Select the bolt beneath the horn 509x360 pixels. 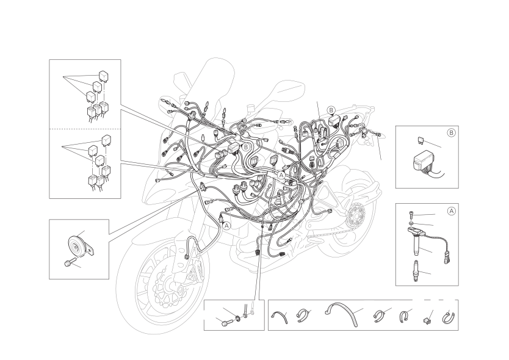69,262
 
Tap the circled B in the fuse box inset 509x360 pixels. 451,133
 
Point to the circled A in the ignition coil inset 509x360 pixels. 451,211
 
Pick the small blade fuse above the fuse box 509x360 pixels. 420,140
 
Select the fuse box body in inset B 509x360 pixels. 423,162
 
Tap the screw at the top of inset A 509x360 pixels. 411,215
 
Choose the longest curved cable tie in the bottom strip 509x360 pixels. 342,312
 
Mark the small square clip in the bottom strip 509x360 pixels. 427,321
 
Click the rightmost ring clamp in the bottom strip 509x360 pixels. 449,317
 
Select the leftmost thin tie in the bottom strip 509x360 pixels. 280,317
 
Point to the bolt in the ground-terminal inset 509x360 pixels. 226,323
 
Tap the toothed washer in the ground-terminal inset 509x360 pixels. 239,318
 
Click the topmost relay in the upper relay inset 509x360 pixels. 104,76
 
